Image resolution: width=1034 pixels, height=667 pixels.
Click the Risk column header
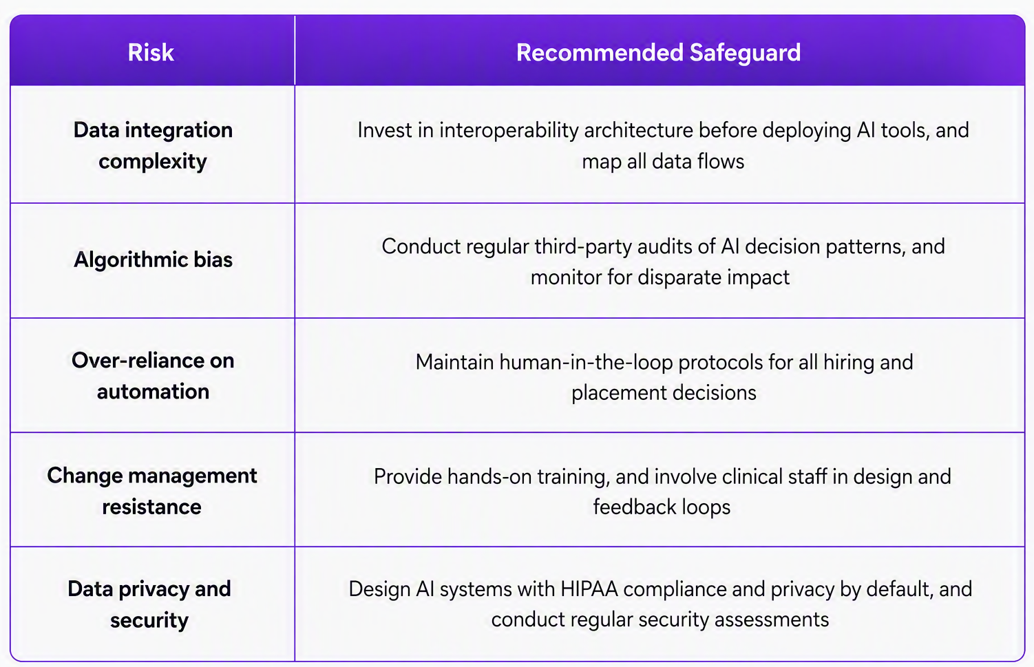[151, 52]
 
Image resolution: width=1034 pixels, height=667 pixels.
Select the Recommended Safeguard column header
[658, 52]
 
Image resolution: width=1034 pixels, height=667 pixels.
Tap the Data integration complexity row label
[153, 145]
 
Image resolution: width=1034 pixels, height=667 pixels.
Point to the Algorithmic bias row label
[153, 260]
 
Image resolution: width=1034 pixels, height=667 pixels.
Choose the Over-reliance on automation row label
[153, 376]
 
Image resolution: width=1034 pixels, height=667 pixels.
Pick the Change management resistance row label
[152, 491]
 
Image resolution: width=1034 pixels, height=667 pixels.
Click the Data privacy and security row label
[149, 604]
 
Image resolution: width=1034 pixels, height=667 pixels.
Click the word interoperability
[509, 131]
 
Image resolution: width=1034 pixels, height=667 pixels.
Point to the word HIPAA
[589, 589]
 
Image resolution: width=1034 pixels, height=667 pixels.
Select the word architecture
[639, 131]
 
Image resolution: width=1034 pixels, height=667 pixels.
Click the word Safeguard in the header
[746, 53]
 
